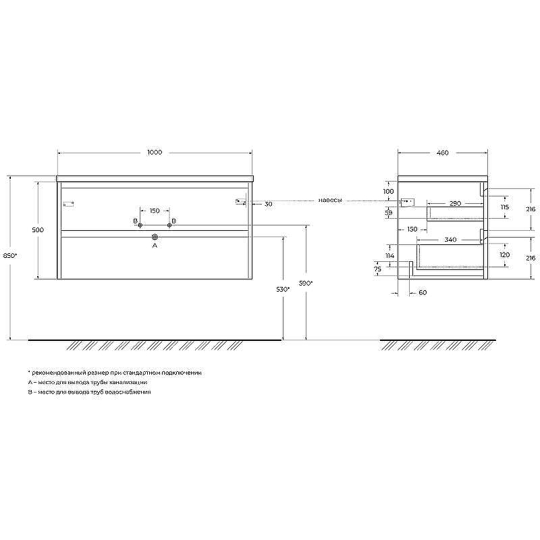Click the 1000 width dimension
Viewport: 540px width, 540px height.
pos(155,153)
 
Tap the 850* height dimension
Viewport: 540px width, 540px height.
pos(9,255)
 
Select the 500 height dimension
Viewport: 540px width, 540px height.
pos(38,230)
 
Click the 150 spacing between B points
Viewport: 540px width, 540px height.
pos(155,211)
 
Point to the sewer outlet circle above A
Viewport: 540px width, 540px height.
pos(155,237)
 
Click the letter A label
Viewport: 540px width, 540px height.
pos(155,246)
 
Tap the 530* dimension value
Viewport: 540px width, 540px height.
pos(283,289)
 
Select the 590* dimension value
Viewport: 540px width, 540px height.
pos(306,283)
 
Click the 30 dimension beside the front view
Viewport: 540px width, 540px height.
pos(268,204)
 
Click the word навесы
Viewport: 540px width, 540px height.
pos(331,200)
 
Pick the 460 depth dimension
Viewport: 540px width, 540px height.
pos(443,153)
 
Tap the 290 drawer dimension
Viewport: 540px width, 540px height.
pos(454,203)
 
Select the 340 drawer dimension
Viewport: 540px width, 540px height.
pos(451,240)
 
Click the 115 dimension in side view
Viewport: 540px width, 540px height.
pos(504,207)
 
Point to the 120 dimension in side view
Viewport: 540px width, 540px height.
pos(504,255)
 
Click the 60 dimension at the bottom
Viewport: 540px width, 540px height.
pos(423,292)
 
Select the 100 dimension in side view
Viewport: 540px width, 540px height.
pos(388,191)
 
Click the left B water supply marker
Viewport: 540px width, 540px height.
pos(140,225)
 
